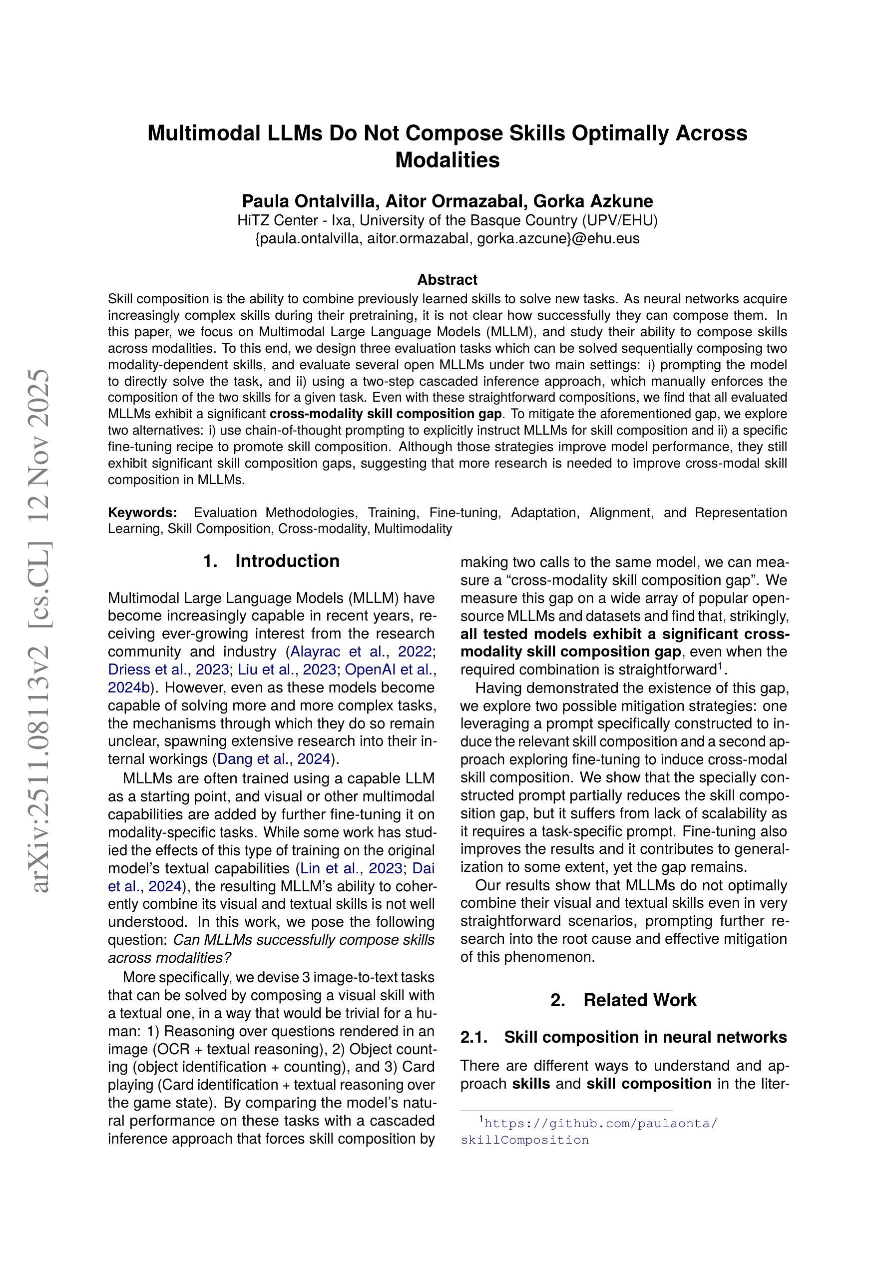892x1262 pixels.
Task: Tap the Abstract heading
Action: pyautogui.click(x=447, y=280)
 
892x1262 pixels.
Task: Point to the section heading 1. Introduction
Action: pyautogui.click(x=271, y=561)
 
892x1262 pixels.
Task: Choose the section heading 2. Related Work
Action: pyautogui.click(x=623, y=1000)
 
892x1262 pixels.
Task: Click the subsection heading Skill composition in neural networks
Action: pyautogui.click(x=645, y=1037)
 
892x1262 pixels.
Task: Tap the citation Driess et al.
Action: pyautogui.click(x=145, y=669)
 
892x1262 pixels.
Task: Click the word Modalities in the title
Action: pyautogui.click(x=447, y=160)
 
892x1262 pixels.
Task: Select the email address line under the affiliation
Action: pyautogui.click(x=447, y=238)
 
